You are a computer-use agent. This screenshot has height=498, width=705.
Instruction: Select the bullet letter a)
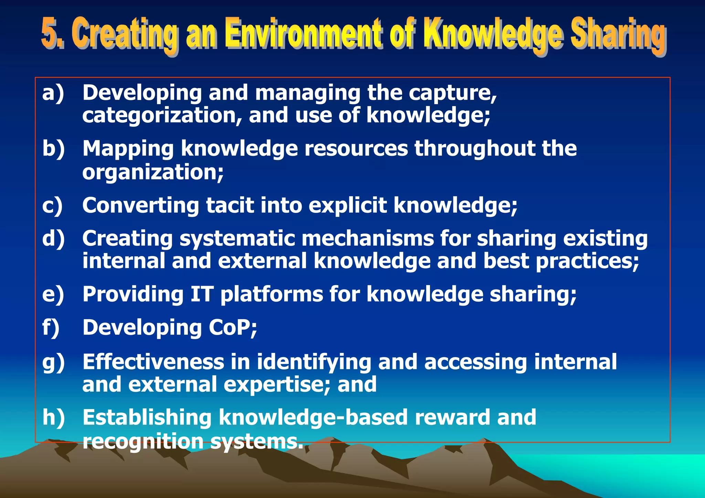[x=53, y=93]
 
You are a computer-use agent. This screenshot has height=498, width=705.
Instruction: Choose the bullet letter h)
[x=53, y=417]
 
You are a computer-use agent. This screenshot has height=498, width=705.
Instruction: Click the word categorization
[x=162, y=115]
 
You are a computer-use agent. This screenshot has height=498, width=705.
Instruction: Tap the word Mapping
[x=128, y=149]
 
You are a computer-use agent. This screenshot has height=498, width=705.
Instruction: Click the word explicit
[x=347, y=206]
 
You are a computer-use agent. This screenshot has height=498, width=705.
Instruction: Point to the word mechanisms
[x=368, y=238]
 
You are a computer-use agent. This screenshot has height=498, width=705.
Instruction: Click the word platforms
[x=272, y=295]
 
